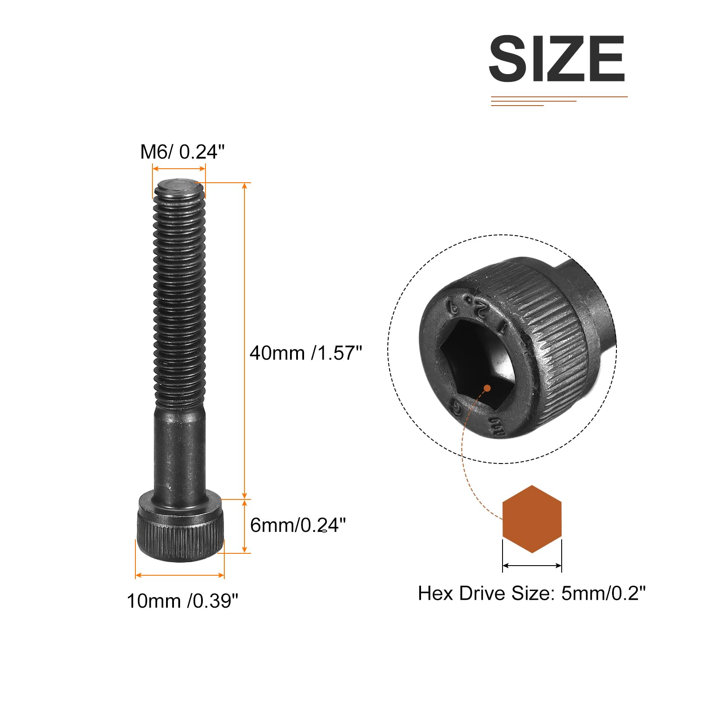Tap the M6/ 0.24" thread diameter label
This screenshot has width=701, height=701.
(182, 152)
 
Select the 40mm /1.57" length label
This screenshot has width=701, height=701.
(306, 353)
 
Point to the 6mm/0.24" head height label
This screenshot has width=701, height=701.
(298, 525)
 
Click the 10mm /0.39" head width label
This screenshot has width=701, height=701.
(182, 601)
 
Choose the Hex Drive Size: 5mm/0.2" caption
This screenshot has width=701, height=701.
(531, 593)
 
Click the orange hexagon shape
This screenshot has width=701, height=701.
(532, 519)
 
